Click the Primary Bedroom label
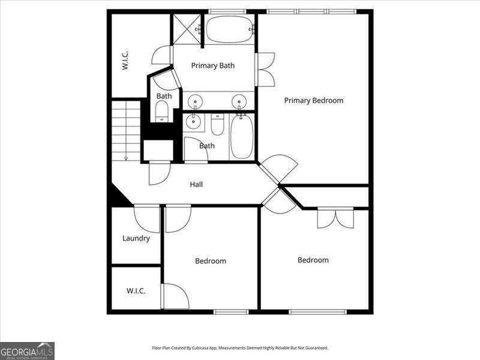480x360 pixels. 314,101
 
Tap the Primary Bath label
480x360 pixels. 213,65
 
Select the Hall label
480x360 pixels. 196,184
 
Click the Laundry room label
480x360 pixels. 136,238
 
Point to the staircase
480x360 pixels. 126,131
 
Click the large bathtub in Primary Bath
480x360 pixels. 229,29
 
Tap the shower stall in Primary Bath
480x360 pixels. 187,29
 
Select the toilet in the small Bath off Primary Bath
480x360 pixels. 162,110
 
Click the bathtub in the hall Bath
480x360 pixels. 242,137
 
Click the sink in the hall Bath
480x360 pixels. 193,122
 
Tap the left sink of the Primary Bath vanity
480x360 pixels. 195,101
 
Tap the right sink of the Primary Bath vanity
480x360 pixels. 239,101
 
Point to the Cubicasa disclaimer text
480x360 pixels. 240,348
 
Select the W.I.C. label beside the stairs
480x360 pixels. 126,60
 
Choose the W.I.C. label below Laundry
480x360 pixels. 136,291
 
